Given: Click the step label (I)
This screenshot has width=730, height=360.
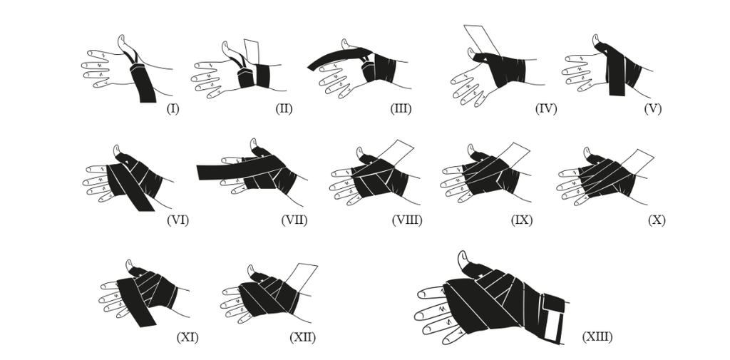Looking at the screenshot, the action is pos(173,109).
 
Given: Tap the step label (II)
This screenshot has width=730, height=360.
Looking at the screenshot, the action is pos(284,109).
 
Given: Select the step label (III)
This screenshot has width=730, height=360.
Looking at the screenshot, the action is pos(401,109).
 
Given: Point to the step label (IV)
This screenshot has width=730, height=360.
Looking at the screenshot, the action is pos(546,109).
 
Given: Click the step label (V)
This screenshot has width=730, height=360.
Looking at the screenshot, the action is pos(653,109).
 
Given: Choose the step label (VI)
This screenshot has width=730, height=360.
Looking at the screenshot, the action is pos(178,220).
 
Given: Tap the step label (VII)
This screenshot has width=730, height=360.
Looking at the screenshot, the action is pos(294,220).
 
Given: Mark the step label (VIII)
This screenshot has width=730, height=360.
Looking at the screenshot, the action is pos(407,220).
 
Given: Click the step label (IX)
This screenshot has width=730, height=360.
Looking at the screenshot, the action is pos(521,220).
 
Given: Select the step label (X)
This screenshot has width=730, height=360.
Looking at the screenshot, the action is pos(657,220).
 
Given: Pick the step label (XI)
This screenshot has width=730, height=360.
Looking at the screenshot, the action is pos(187,337).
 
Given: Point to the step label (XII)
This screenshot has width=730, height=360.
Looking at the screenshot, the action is pos(302,337).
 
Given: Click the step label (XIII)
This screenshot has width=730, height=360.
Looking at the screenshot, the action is pos(597,336).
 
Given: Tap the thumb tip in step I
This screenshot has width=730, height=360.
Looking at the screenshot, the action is pos(121,37).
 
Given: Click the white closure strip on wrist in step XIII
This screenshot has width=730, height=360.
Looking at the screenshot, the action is pos(552,325).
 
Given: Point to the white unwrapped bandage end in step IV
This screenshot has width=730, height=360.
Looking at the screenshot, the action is pos(481,41).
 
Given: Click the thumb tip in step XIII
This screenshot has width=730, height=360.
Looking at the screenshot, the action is pos(462,254).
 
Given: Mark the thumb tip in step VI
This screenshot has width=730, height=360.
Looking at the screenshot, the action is pos(117,148).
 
